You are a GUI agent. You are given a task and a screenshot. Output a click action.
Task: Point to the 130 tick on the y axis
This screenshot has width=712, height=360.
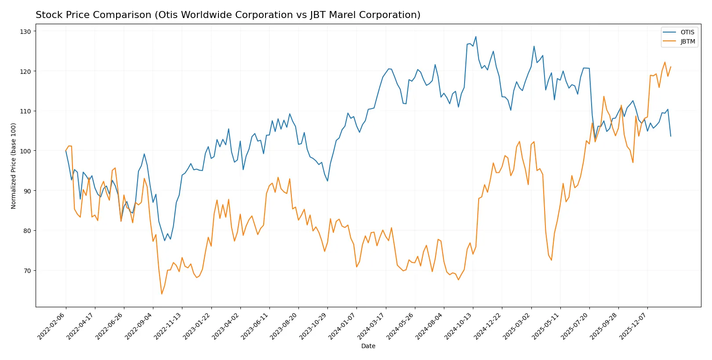click(x=25, y=32)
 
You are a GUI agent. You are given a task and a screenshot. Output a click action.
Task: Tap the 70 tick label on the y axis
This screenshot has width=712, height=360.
click(x=27, y=271)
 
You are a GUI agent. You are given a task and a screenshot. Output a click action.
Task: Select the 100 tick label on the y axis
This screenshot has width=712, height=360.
click(x=25, y=151)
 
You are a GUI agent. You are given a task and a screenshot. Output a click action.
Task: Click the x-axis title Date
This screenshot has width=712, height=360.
click(x=368, y=346)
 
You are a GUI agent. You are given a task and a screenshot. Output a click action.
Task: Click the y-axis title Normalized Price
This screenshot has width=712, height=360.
click(x=13, y=166)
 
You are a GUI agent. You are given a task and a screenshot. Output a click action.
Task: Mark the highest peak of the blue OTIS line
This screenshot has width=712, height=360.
click(x=476, y=37)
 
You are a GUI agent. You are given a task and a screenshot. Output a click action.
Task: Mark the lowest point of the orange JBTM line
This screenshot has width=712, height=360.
click(x=162, y=294)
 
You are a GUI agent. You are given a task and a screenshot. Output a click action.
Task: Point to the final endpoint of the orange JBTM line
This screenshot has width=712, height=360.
click(x=671, y=67)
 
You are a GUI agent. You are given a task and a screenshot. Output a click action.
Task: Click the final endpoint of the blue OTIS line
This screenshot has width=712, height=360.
click(x=671, y=136)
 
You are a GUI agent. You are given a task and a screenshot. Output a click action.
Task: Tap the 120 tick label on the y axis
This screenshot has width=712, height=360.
click(x=25, y=71)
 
